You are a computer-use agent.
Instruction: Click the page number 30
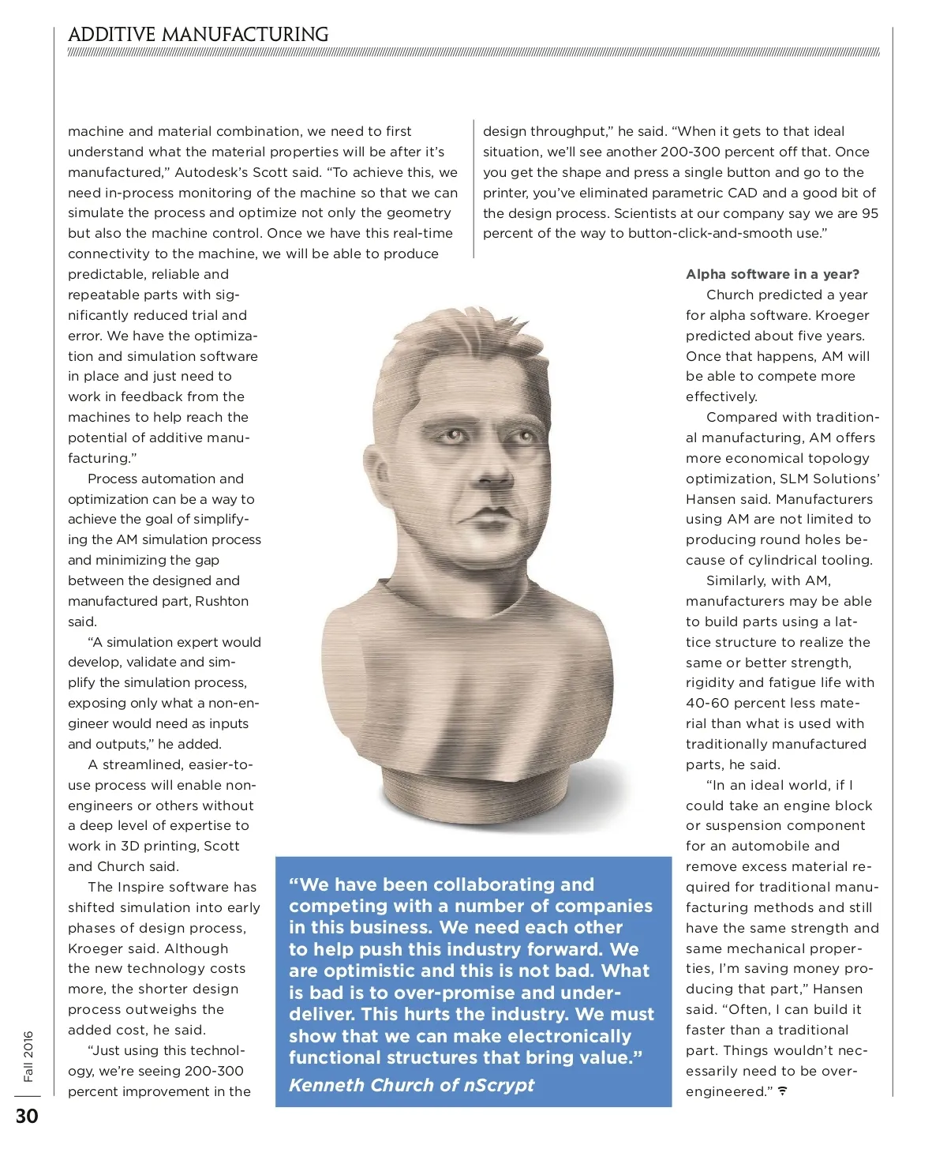[27, 1116]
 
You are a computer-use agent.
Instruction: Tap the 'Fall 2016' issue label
[28, 1056]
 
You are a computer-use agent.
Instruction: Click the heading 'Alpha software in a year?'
[773, 274]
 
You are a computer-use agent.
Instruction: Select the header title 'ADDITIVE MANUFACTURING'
[198, 35]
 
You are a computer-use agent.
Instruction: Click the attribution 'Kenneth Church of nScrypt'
[411, 1085]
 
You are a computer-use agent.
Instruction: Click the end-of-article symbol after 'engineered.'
[783, 1091]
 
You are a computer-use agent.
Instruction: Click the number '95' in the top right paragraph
[870, 213]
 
